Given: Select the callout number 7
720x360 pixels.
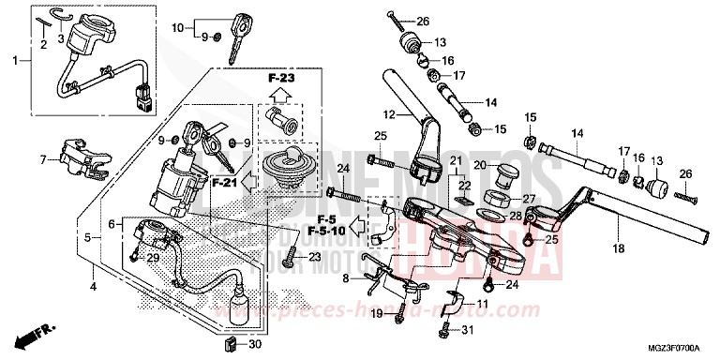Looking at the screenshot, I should point(42,158).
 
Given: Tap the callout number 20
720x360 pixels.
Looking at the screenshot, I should point(479,165).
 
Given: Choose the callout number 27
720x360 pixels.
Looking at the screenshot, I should point(528,198).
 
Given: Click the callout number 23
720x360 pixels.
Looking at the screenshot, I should point(315,257).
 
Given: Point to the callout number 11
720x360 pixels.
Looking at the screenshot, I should point(482,305).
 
